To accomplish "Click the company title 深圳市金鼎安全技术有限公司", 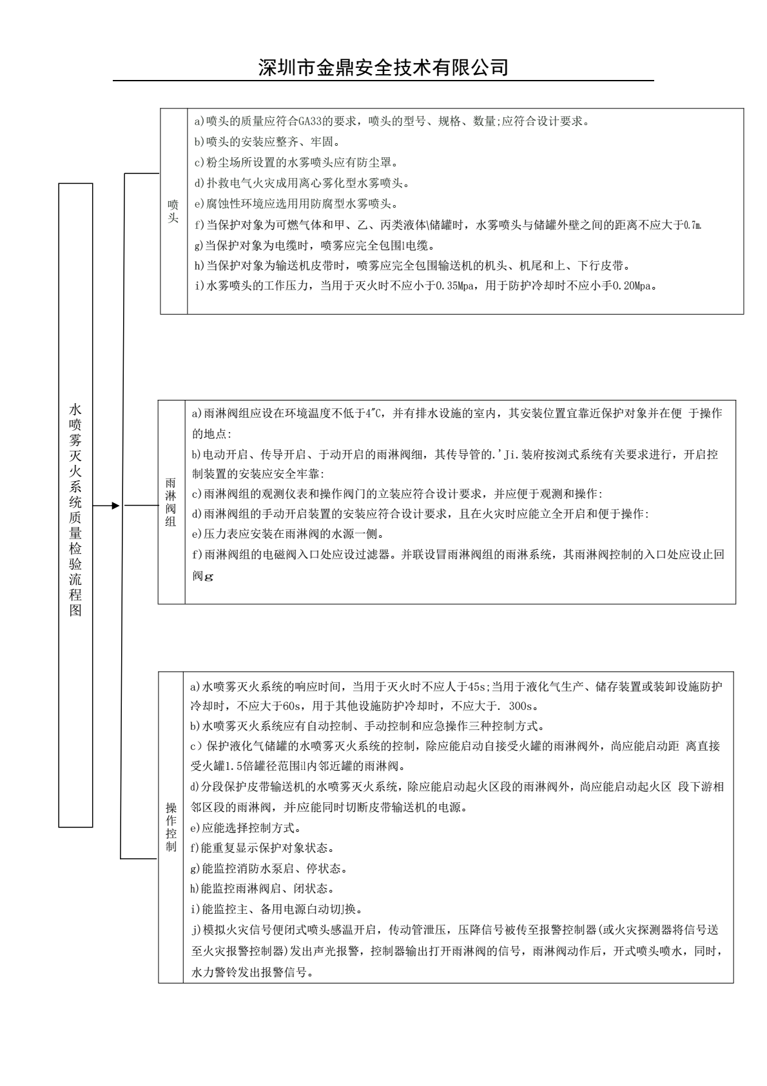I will tap(383, 67).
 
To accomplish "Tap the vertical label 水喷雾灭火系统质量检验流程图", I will tap(75, 509).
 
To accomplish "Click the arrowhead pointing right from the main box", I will tap(115, 506).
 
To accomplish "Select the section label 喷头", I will tap(173, 211).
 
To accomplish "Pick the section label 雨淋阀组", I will tap(171, 502).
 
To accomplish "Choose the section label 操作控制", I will tap(171, 827).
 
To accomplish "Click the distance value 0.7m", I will tap(692, 225).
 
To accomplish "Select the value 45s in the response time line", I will tap(478, 686).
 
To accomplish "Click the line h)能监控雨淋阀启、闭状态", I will tap(262, 889).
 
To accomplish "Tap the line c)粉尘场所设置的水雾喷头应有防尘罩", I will tap(296, 163).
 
